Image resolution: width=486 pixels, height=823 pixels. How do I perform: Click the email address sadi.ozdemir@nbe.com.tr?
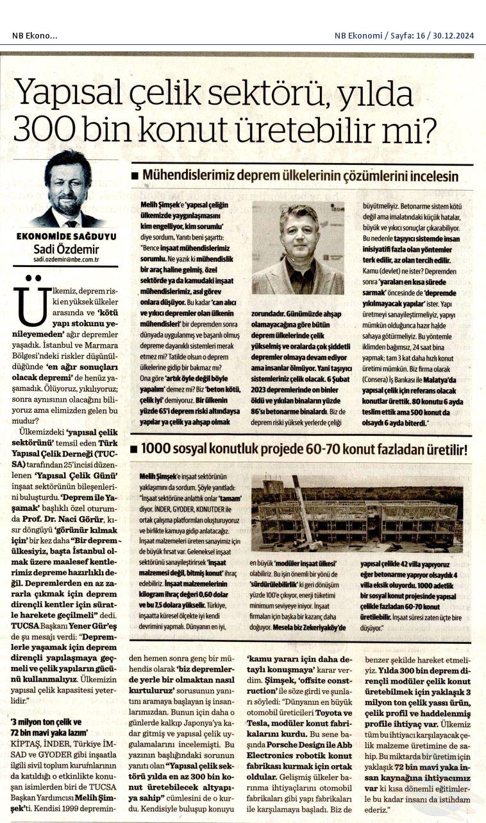tap(66, 260)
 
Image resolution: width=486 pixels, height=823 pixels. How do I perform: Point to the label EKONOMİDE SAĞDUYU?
tap(66, 236)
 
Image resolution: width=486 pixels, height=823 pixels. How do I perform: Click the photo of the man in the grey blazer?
tap(297, 248)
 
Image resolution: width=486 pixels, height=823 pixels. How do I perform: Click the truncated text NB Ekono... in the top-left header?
tap(35, 35)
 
